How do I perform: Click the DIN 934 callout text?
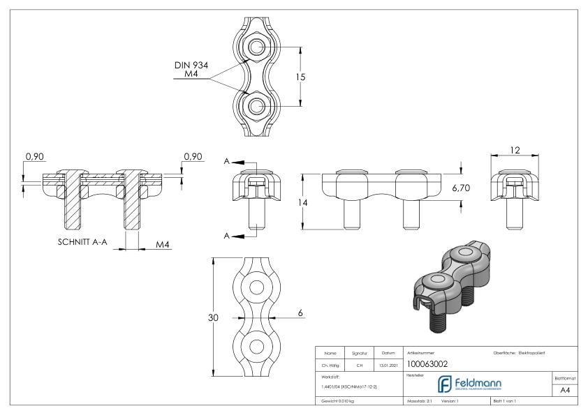(191, 65)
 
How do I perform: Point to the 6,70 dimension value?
(462, 188)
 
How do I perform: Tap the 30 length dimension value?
(215, 317)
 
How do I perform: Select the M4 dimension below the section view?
(163, 244)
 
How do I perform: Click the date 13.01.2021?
(388, 364)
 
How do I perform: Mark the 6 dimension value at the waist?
(300, 313)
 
